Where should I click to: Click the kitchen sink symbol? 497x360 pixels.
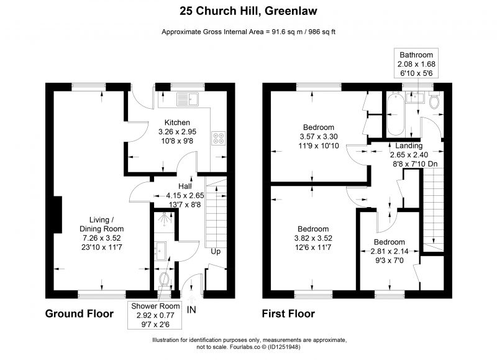(x=188, y=99)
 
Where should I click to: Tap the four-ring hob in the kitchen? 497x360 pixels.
(x=219, y=138)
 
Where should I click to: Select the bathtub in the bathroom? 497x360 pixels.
(x=395, y=115)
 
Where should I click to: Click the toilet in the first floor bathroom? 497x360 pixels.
(x=434, y=100)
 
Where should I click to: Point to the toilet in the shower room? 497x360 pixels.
(x=165, y=280)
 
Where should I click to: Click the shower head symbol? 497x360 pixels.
(x=164, y=219)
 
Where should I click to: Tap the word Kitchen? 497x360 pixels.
(x=177, y=122)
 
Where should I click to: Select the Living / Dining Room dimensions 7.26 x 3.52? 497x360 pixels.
(x=101, y=238)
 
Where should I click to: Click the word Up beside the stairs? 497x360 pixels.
(x=216, y=252)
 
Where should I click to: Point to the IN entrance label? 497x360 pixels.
(x=191, y=310)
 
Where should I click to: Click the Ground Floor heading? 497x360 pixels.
(x=80, y=314)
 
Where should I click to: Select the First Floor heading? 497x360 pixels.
(x=288, y=314)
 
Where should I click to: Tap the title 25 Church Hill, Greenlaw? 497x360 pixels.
(x=248, y=11)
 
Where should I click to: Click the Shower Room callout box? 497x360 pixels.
(x=155, y=315)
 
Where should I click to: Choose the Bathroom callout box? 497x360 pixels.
(x=416, y=63)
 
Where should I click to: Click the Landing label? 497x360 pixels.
(x=409, y=145)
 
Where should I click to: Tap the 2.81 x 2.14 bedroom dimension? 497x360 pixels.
(x=390, y=251)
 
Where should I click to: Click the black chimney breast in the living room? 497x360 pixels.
(x=58, y=215)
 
